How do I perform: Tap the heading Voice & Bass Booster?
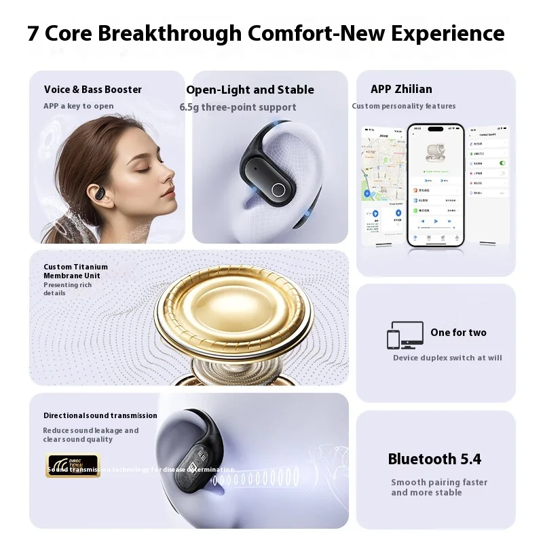93,90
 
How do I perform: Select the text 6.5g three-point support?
238,107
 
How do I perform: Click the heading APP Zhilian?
401,90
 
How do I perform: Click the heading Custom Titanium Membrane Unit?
76,271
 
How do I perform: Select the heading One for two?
458,333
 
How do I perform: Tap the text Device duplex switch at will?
447,358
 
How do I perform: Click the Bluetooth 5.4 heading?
434,460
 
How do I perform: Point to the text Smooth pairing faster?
439,483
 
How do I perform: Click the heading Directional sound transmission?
100,415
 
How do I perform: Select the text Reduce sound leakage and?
90,430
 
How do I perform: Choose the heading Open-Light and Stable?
250,90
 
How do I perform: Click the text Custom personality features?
404,106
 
